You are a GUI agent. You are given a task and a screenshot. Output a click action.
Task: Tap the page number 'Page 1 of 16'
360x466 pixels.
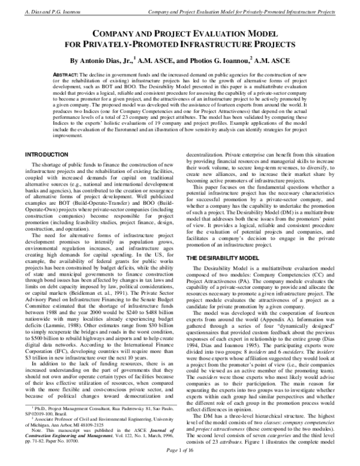[179, 459]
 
